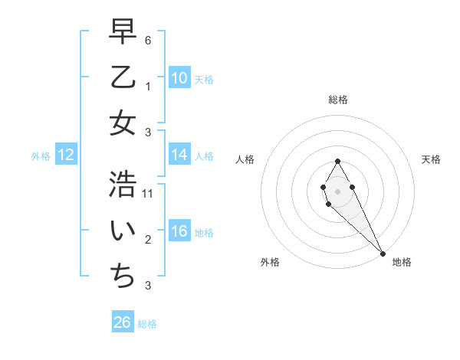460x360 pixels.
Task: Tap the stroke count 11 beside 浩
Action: coord(149,194)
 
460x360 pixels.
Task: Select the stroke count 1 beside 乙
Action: coord(147,87)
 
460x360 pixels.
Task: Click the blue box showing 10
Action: coord(179,78)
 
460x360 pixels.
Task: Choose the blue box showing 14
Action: coord(179,155)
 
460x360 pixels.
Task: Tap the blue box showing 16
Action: coord(179,231)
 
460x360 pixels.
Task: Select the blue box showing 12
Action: coord(65,155)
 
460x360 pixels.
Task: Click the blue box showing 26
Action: coord(123,322)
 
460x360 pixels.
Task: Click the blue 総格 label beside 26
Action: coord(147,324)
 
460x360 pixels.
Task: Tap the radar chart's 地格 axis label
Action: coord(402,262)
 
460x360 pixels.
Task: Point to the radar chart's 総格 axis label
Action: coord(337,100)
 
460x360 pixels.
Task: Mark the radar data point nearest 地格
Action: coord(383,253)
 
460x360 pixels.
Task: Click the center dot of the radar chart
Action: coord(337,190)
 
